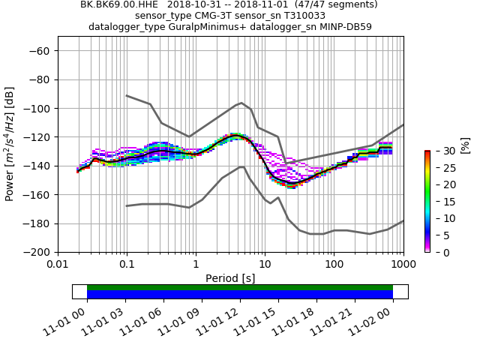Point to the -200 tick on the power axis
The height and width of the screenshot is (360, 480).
tap(37, 252)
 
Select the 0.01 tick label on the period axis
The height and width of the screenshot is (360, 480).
tap(58, 265)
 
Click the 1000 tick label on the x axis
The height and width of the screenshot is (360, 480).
tap(403, 265)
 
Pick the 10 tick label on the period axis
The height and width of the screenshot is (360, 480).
tap(265, 265)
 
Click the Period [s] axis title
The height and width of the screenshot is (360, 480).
tap(230, 278)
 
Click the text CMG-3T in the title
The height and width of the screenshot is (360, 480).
tap(224, 16)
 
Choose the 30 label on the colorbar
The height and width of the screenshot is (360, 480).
tap(441, 151)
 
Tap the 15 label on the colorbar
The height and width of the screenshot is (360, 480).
tap(441, 202)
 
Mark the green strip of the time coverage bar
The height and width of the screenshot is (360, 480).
tap(240, 287)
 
